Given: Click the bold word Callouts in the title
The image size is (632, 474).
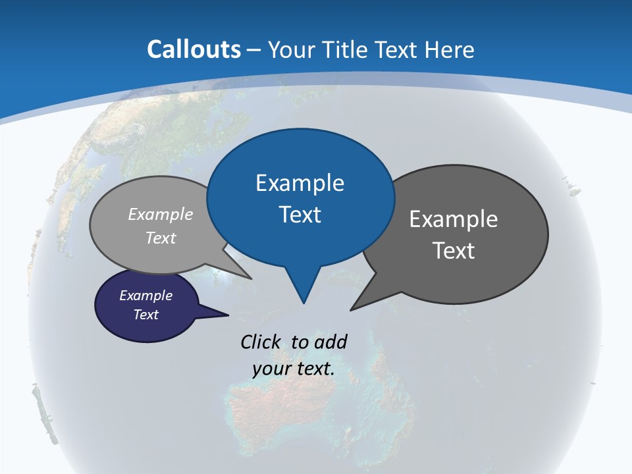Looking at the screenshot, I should [x=194, y=49].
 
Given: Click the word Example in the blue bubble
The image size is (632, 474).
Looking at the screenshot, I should [x=300, y=183].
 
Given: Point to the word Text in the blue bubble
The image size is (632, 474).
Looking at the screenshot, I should [x=300, y=215].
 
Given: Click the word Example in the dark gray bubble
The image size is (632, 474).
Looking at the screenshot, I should [x=454, y=219].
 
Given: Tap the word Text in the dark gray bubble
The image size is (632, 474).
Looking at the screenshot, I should [x=454, y=251].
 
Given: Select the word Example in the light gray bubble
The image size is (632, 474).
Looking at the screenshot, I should [x=161, y=215].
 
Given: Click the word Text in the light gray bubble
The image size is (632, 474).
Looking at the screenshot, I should [x=161, y=238].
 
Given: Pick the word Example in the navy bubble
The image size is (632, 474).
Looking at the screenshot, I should [x=145, y=296].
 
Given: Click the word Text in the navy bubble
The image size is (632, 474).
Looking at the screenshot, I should [x=145, y=315].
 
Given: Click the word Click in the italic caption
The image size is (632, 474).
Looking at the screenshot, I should [x=262, y=342].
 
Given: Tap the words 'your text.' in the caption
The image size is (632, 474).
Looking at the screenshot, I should [x=293, y=369].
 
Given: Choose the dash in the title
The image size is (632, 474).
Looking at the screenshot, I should [x=254, y=49].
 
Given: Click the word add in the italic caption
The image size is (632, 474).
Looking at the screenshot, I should [x=330, y=342].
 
